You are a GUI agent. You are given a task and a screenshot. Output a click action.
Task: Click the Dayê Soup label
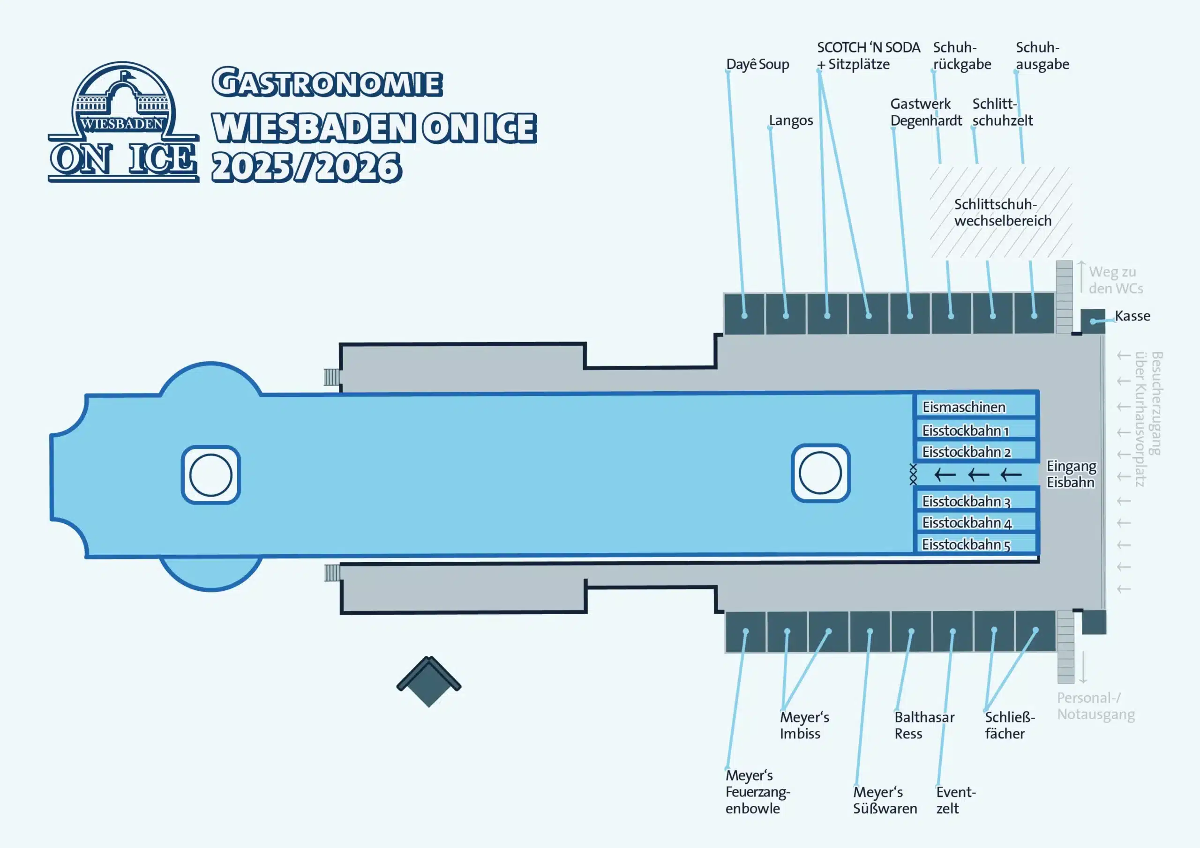tap(758, 64)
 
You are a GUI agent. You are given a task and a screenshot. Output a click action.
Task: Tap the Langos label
tap(791, 121)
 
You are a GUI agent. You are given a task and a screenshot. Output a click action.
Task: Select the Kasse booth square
tap(1093, 321)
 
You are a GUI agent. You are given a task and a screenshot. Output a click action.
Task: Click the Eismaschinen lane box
tap(975, 407)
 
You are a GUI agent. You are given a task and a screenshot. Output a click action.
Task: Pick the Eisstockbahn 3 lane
tap(975, 500)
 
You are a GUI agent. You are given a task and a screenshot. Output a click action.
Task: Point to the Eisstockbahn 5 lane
tap(975, 544)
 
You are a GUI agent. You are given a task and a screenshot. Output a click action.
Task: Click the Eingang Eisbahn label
tap(1071, 474)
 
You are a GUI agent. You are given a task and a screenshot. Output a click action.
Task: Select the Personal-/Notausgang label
tap(1095, 706)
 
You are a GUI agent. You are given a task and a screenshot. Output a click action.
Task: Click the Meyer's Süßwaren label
tap(885, 800)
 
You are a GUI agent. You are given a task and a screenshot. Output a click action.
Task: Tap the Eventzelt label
tap(955, 800)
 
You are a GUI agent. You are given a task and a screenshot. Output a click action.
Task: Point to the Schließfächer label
tap(1009, 725)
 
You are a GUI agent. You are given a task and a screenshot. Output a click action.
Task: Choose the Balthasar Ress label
tap(924, 725)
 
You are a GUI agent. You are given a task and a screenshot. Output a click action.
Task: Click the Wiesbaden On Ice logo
tap(123, 123)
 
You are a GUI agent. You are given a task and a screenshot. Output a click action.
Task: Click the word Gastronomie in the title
tap(327, 82)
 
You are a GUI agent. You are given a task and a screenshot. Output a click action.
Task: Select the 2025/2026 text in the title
tap(306, 167)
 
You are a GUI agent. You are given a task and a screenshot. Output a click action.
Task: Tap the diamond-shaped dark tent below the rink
tap(428, 681)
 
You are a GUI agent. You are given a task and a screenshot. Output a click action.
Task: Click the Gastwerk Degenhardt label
tap(926, 112)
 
